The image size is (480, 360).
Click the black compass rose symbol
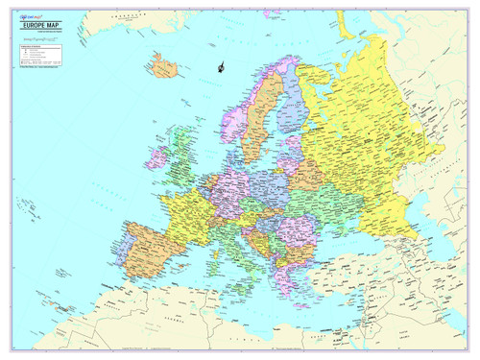tap(221, 67)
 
